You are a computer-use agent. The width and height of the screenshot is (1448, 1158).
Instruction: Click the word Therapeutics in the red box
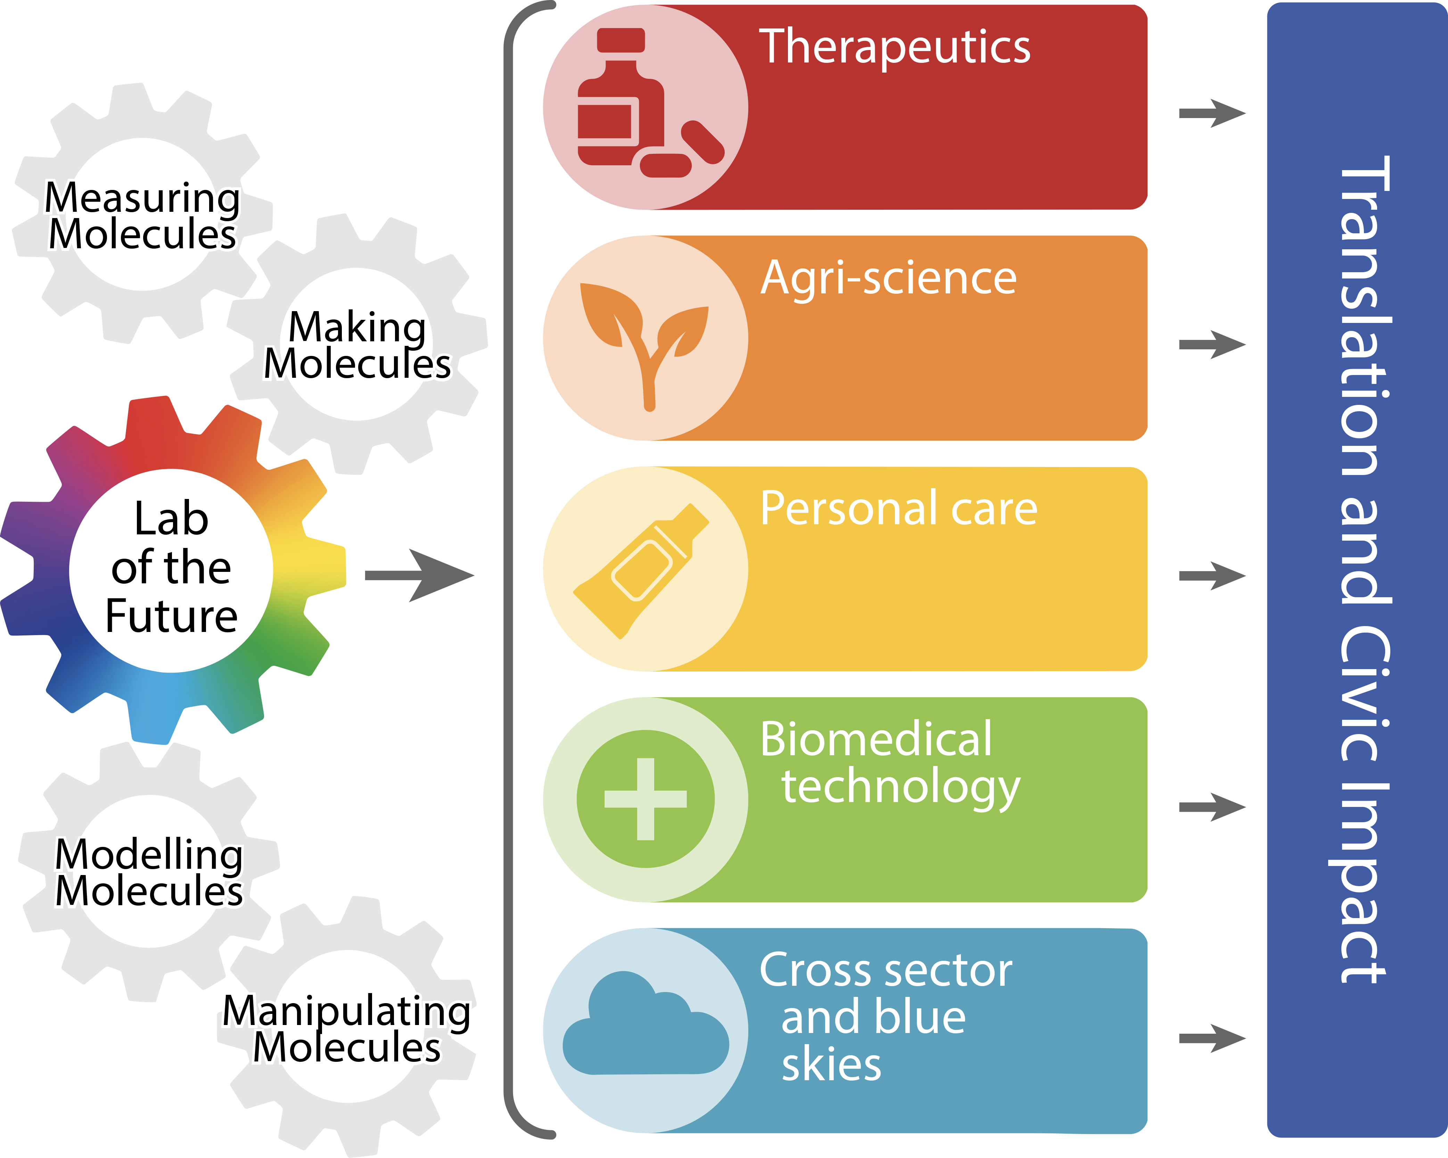(895, 47)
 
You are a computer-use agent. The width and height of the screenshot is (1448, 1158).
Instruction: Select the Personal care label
(899, 508)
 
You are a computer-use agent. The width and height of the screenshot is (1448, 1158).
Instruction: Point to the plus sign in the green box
(645, 799)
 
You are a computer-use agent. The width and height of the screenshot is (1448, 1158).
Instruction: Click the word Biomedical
(876, 739)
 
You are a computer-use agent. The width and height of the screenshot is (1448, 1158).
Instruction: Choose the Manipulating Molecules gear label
(347, 1029)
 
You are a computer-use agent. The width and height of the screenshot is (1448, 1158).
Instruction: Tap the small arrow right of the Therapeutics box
(1212, 114)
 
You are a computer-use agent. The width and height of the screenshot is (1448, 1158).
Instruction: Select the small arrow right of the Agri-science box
(1212, 345)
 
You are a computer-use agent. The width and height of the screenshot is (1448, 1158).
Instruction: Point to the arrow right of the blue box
(1212, 1039)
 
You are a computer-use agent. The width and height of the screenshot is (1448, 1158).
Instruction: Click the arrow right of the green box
(1212, 807)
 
